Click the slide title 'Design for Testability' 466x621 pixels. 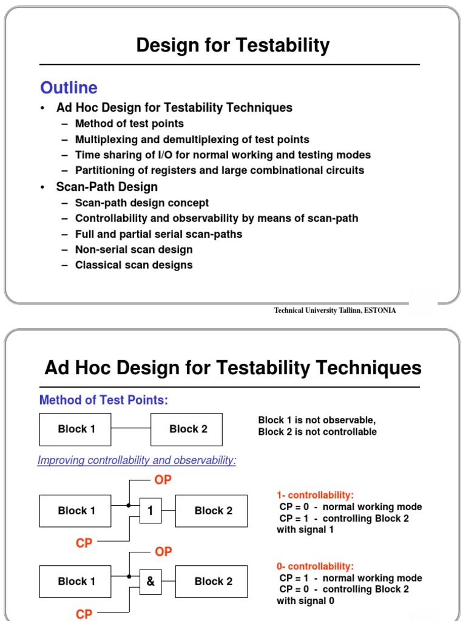[233, 45]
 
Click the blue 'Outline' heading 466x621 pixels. [69, 88]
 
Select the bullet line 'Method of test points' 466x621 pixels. [129, 124]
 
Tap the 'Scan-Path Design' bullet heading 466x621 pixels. [107, 187]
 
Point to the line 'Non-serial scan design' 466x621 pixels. [133, 249]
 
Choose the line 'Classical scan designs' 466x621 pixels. [133, 265]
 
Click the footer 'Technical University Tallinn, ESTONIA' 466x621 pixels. [335, 310]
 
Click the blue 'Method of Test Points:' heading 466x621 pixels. [103, 400]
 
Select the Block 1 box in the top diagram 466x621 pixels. [76, 429]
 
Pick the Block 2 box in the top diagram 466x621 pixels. [188, 429]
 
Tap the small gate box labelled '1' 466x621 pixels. [150, 511]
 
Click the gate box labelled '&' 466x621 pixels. [150, 581]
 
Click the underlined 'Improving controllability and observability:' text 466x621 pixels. [137, 460]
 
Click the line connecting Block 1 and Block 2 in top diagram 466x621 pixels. [131, 429]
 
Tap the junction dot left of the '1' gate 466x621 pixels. [129, 505]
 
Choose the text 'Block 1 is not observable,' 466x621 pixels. [317, 420]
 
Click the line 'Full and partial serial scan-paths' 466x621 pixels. [158, 234]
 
